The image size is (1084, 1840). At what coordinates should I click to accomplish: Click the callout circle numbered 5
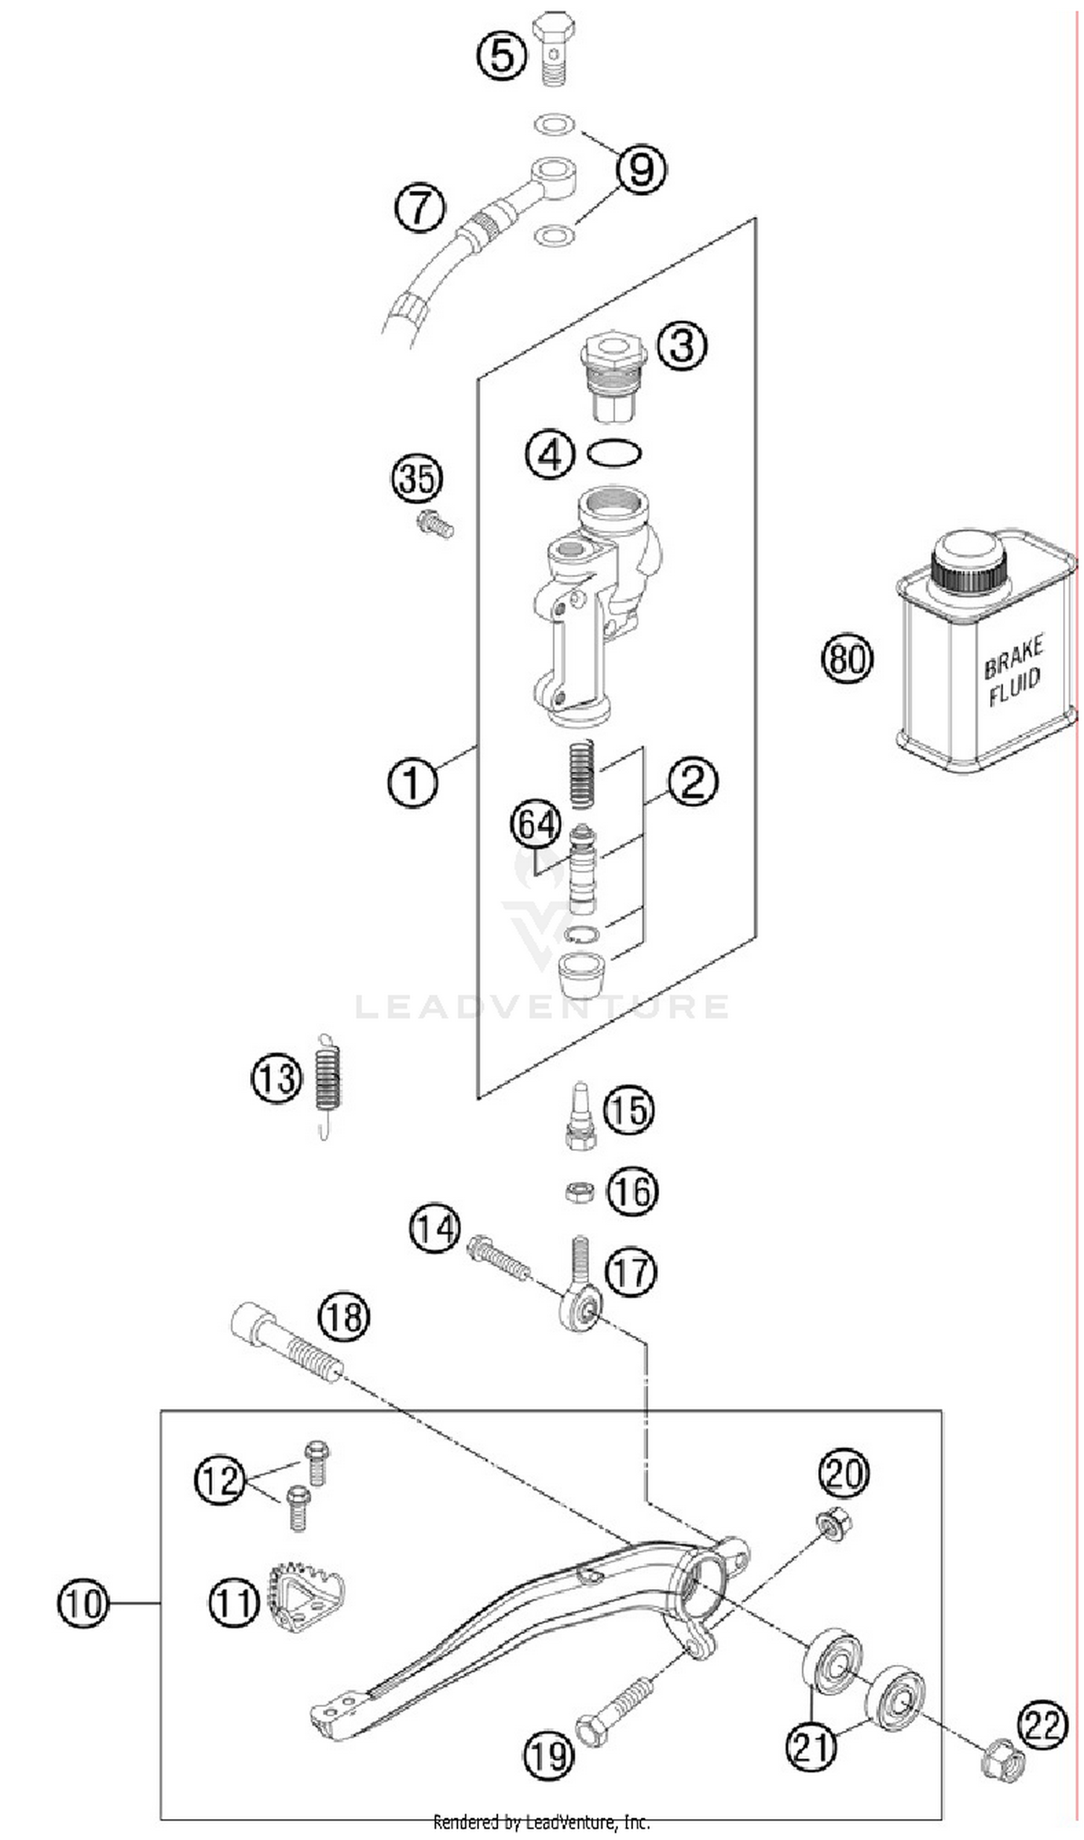tap(502, 55)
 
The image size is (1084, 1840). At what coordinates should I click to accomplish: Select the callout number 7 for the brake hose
tap(420, 207)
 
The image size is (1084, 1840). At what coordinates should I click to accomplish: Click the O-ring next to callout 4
tap(614, 454)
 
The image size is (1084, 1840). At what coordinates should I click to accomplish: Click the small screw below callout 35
tap(434, 525)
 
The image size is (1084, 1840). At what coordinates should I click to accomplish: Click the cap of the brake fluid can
tap(968, 561)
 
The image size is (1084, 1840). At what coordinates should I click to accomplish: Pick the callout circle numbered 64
tap(535, 826)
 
